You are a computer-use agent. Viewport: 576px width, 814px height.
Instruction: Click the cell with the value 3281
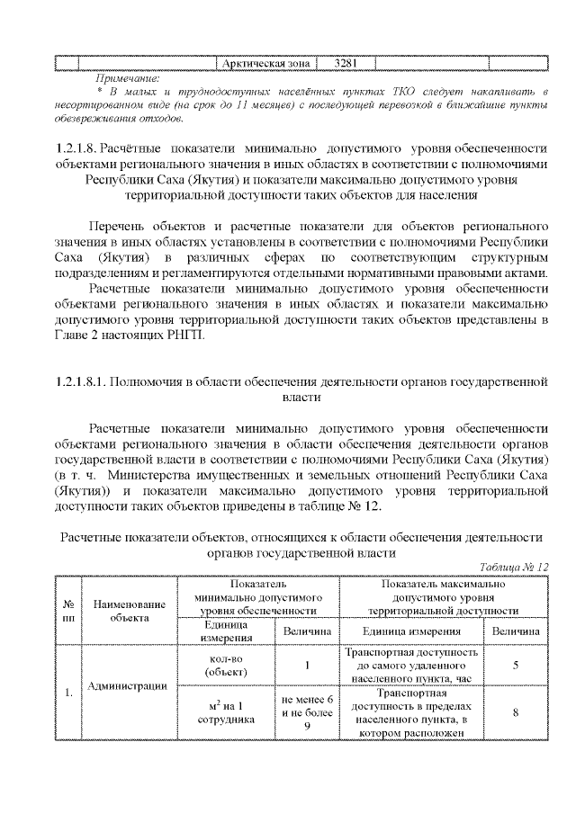point(346,64)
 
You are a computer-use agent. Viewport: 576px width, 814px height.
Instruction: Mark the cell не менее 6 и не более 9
point(307,712)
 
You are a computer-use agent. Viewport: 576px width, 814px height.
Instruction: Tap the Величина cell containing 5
point(515,666)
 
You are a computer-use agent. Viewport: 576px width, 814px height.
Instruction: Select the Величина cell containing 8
point(515,712)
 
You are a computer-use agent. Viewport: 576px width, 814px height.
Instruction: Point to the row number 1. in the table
point(68,693)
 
